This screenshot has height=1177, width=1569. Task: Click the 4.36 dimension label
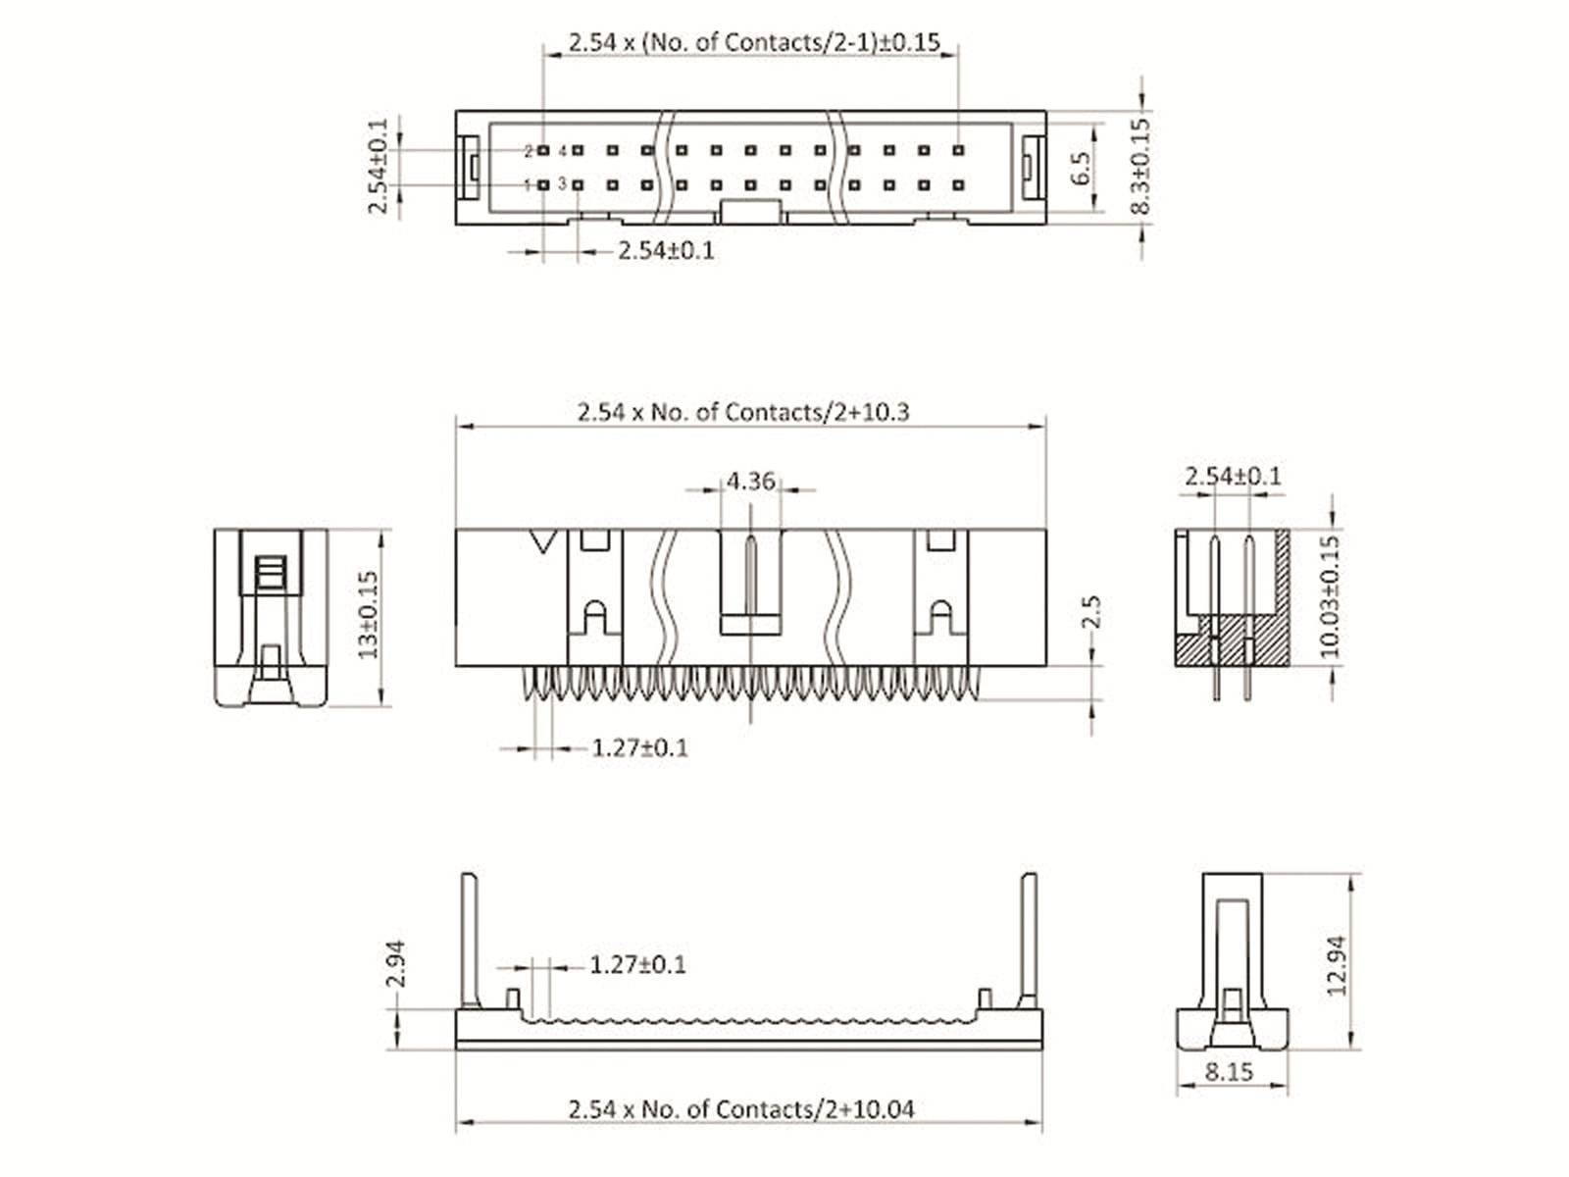(750, 482)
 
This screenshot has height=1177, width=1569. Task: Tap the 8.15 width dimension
(1229, 1071)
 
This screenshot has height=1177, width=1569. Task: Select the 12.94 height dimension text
(1337, 965)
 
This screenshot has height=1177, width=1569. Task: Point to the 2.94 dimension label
(394, 964)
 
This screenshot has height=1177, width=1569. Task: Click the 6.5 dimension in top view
(1080, 169)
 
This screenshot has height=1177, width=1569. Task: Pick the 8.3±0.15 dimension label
(1139, 167)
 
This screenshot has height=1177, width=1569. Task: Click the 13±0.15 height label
(368, 615)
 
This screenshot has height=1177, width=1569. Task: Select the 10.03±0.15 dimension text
(1330, 595)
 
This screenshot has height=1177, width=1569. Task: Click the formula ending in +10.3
(742, 412)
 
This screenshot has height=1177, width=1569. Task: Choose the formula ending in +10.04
(740, 1109)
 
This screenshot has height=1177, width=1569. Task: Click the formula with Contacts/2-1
(753, 43)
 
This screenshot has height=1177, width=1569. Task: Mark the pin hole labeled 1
(543, 184)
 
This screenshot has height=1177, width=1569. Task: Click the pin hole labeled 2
(543, 151)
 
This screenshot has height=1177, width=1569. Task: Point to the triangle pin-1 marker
(543, 541)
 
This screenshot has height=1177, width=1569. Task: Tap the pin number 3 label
(562, 183)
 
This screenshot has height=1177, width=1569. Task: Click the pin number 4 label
(562, 151)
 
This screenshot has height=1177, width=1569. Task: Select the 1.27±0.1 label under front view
(639, 748)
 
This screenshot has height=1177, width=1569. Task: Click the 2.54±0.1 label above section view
(1233, 477)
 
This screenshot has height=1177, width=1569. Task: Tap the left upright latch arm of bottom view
(470, 940)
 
